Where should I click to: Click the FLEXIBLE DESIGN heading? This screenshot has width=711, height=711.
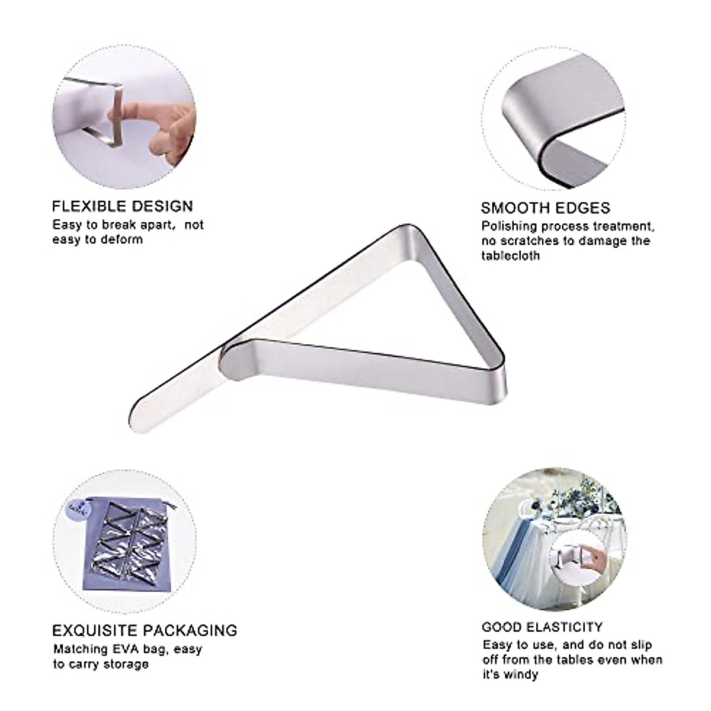point(123,206)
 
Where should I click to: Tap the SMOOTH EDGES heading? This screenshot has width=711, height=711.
point(545,208)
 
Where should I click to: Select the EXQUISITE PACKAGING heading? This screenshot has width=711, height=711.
point(145,630)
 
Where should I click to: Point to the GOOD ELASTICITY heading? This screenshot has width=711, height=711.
point(542,627)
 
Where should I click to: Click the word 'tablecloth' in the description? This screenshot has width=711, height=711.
point(510,256)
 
